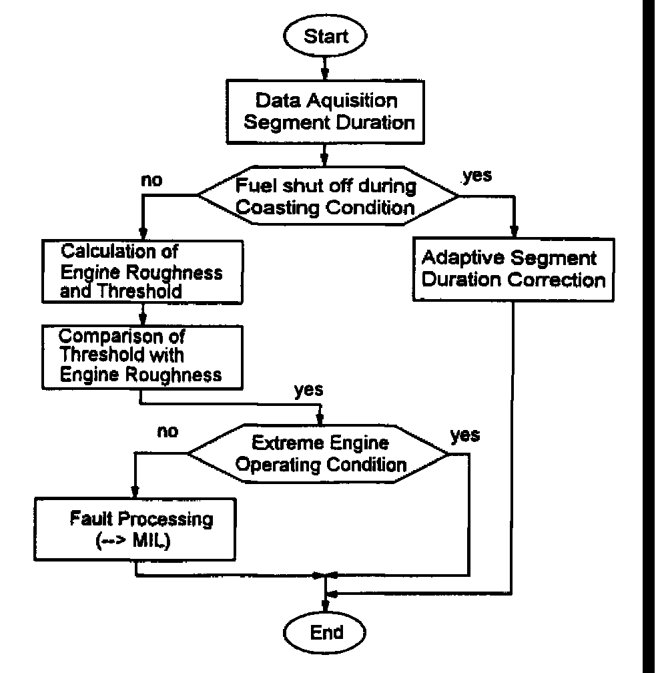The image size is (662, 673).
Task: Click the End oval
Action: click(x=326, y=632)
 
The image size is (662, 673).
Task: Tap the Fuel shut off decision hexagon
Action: click(x=327, y=196)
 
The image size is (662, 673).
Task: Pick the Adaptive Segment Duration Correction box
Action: click(x=512, y=269)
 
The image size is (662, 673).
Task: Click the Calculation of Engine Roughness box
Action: click(x=141, y=273)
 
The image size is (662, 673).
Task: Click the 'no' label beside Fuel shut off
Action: click(x=153, y=180)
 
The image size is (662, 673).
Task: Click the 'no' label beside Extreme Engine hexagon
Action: click(x=168, y=431)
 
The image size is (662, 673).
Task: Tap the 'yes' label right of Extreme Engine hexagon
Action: click(x=465, y=435)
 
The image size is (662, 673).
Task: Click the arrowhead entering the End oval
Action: click(x=325, y=605)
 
